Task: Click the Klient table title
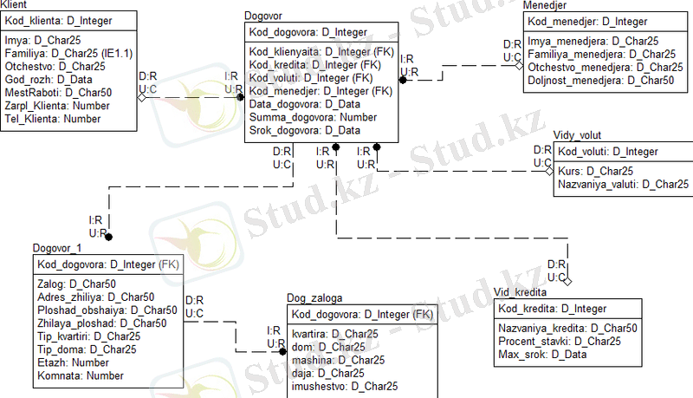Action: [18, 5]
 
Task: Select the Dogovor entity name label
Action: [269, 16]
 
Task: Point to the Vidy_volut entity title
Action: [577, 135]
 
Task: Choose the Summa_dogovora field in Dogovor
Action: [301, 117]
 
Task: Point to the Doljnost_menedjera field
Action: [600, 79]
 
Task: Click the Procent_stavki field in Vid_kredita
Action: [560, 342]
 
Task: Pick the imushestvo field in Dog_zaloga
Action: [345, 386]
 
